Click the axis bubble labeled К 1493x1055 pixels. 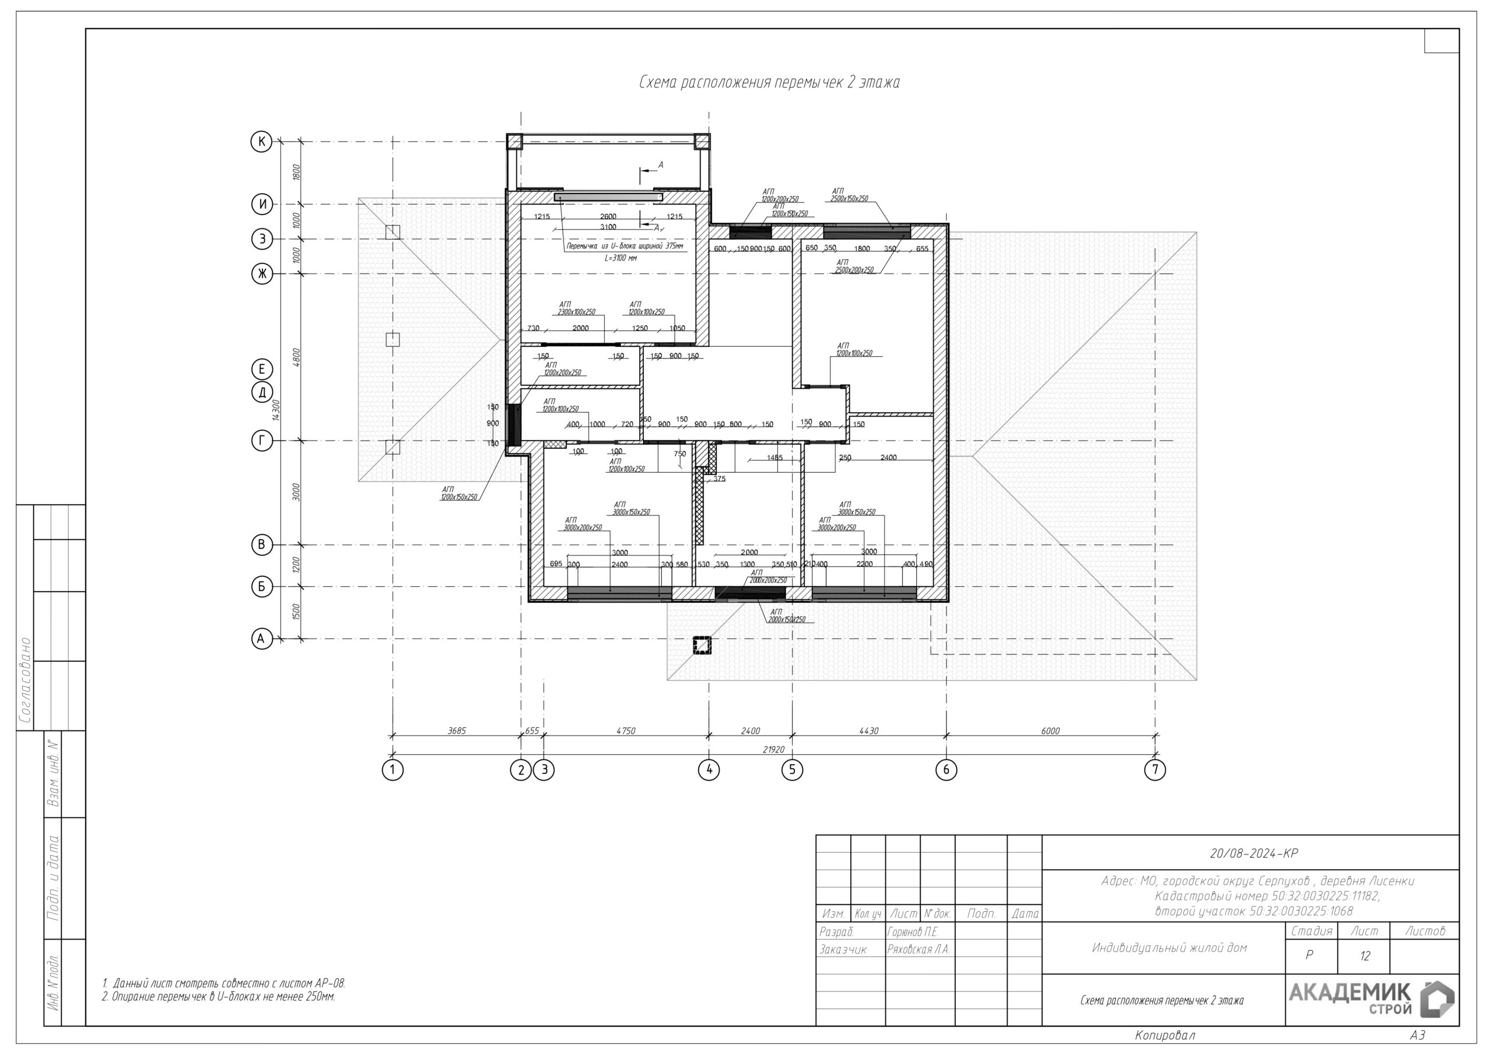click(261, 142)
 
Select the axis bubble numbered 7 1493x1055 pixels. click(1155, 769)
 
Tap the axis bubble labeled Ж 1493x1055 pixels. click(262, 274)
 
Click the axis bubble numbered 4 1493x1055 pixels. click(709, 769)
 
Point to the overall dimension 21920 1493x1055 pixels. click(773, 750)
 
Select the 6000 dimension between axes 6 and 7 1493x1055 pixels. click(1050, 731)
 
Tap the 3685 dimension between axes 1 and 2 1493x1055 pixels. click(457, 731)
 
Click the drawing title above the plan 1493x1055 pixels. click(769, 83)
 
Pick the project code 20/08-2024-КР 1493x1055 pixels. click(1253, 853)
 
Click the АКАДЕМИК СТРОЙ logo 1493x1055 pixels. click(1371, 999)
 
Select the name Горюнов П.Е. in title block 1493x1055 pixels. click(912, 931)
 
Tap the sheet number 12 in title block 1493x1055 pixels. click(1364, 955)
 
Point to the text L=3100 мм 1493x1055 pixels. click(621, 258)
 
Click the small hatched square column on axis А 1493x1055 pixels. click(702, 645)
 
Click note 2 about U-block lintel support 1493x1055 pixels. click(219, 997)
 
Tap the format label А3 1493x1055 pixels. click(1418, 1035)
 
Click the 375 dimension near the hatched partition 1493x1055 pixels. click(719, 479)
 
